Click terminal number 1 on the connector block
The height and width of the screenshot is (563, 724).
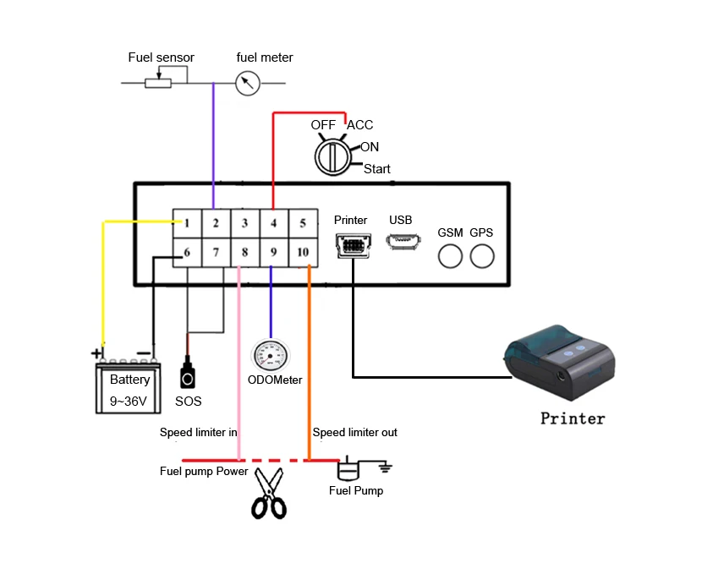click(187, 223)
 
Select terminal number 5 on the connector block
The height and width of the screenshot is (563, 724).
click(302, 223)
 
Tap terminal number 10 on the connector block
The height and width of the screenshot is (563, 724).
click(302, 252)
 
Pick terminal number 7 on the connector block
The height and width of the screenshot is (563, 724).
click(216, 252)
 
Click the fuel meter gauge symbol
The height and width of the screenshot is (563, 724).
click(248, 83)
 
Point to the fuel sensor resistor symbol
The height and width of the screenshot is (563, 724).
click(158, 83)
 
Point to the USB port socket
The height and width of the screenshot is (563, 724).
click(401, 242)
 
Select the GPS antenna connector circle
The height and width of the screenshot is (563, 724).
click(482, 255)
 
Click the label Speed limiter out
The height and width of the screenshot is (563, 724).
click(355, 433)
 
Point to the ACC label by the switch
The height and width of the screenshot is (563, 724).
click(360, 125)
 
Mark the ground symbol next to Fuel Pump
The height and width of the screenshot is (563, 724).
click(385, 466)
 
